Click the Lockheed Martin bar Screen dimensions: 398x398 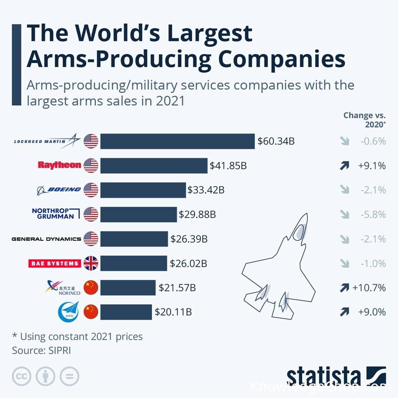(x=177, y=141)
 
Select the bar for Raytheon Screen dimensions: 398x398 (x=154, y=166)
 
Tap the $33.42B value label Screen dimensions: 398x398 (x=206, y=190)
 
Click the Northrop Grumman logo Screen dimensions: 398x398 (x=56, y=214)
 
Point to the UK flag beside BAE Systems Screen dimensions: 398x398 (x=91, y=263)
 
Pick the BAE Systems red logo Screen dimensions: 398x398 (x=55, y=263)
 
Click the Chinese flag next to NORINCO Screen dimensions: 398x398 (x=91, y=287)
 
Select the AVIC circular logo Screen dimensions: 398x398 (x=68, y=312)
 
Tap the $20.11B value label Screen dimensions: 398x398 (x=173, y=312)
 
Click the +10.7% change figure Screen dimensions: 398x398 (x=369, y=287)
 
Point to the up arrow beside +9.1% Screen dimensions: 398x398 (x=344, y=166)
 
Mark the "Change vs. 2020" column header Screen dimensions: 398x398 (x=364, y=120)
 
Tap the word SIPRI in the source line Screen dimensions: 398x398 (x=60, y=350)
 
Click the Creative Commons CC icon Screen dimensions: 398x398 (x=21, y=376)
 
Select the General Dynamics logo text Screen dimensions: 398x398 (x=46, y=239)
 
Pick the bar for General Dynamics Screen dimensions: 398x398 (x=134, y=239)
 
